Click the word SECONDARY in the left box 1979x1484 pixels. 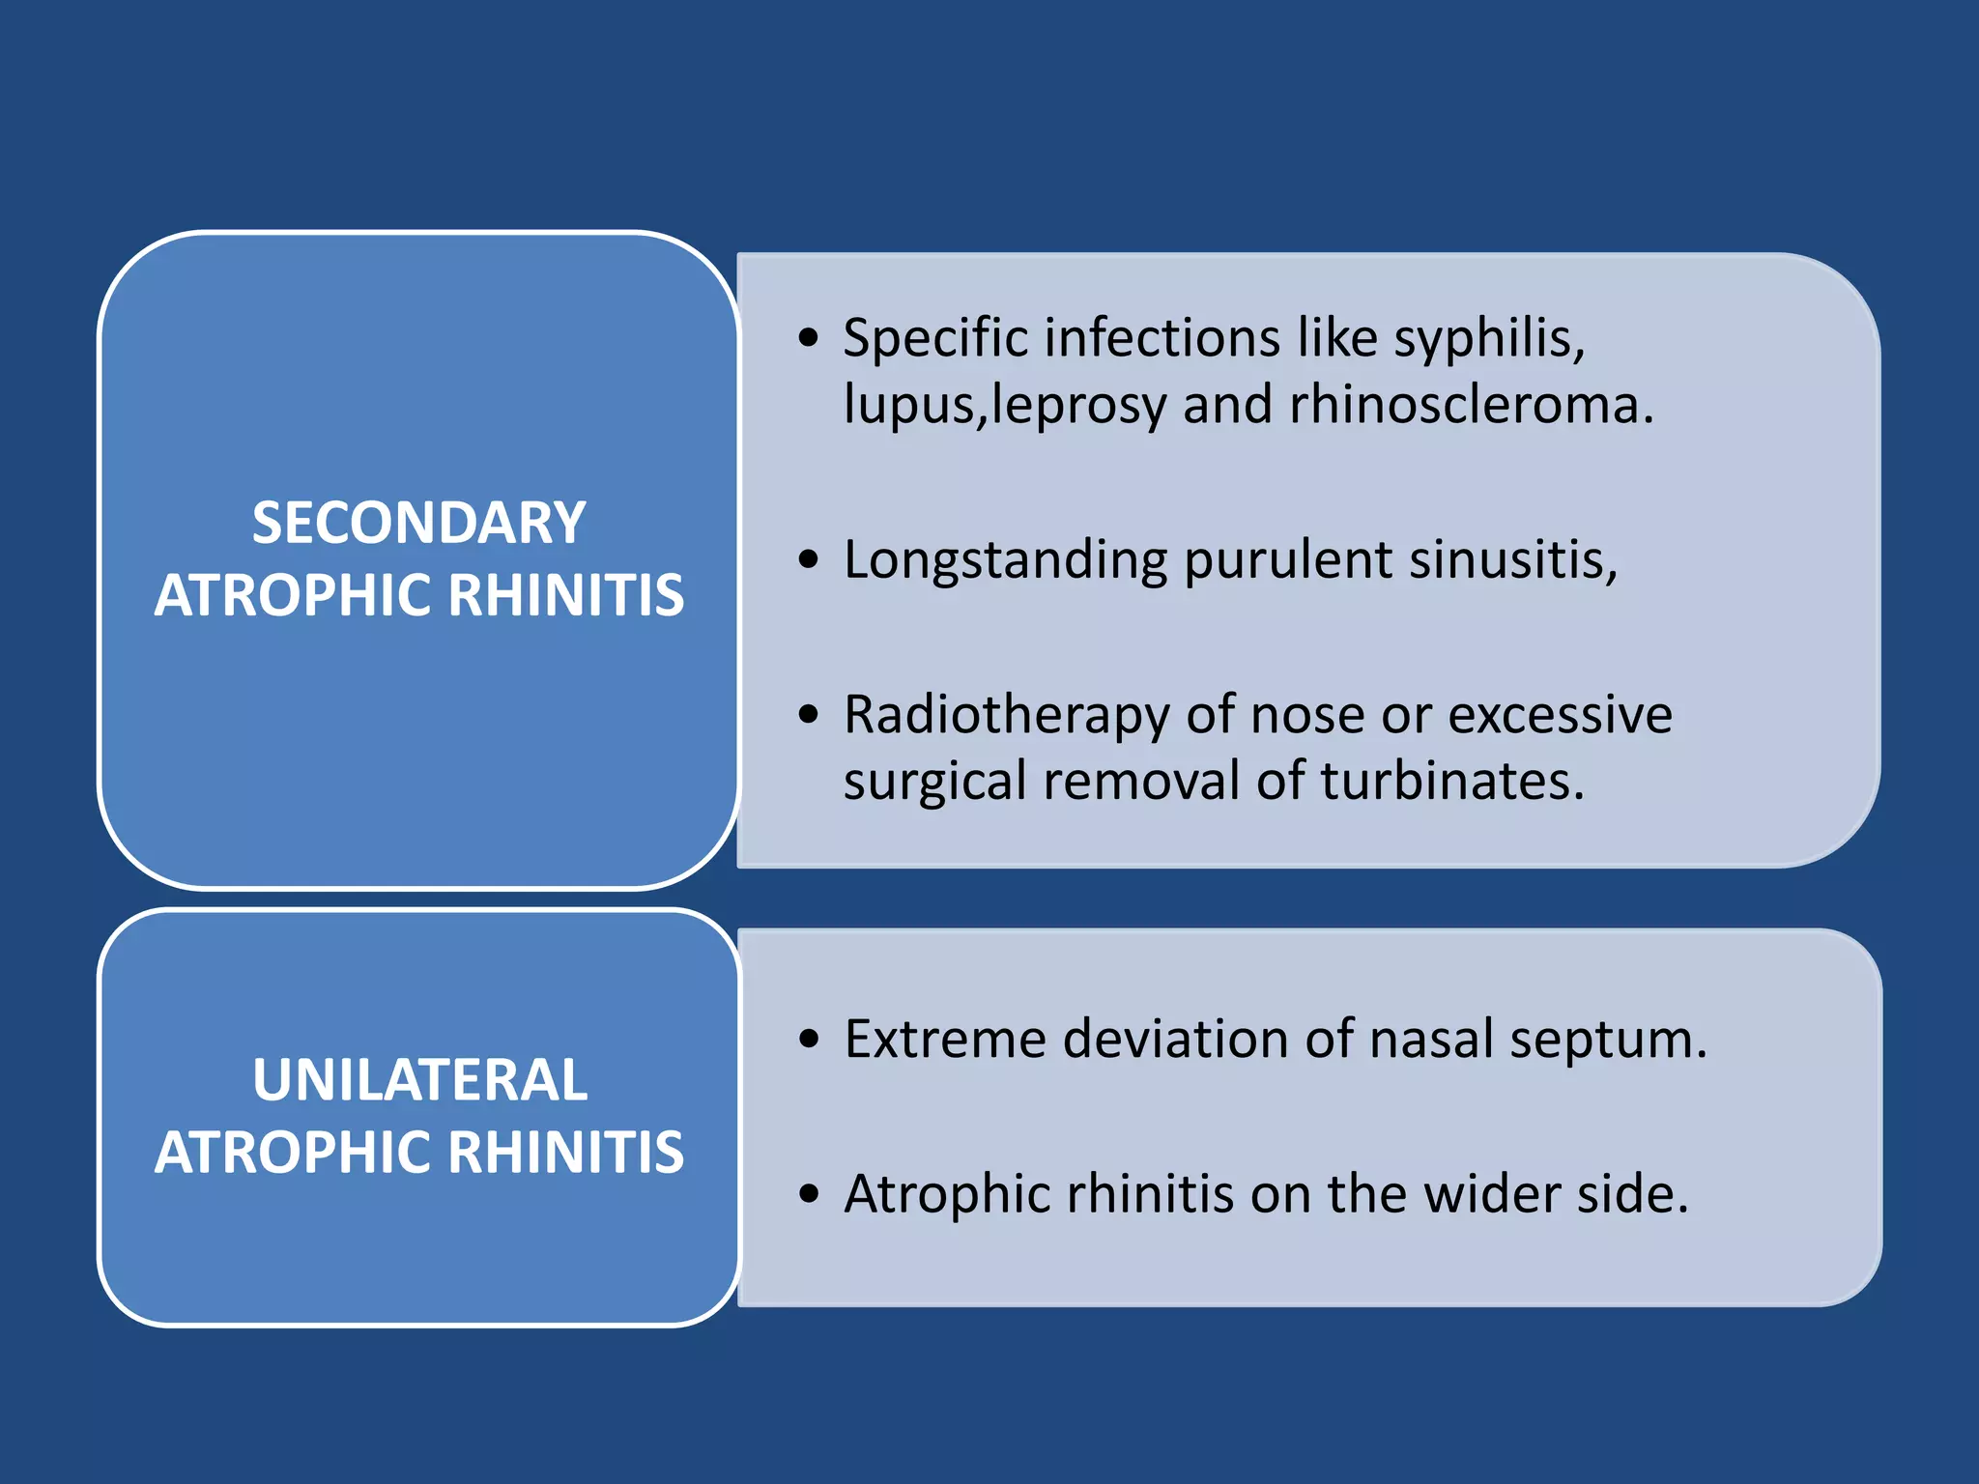[418, 523]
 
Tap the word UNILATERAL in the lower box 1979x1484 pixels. [419, 1079]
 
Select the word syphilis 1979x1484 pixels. [1488, 340]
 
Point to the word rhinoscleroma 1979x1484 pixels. [1470, 405]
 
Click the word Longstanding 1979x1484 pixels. [1005, 561]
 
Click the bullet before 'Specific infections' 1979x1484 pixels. [809, 338]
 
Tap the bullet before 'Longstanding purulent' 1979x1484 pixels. [809, 559]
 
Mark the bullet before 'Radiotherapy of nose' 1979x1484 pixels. [809, 715]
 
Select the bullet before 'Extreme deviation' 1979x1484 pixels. [809, 1040]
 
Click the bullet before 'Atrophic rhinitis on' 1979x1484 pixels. [809, 1194]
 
